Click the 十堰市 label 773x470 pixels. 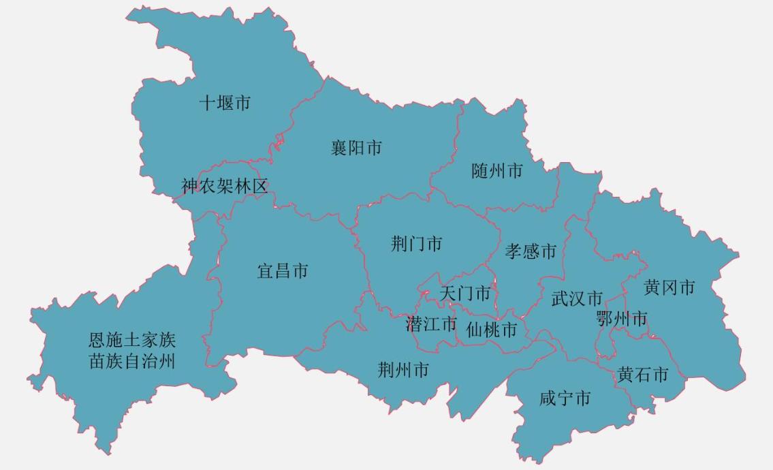(x=225, y=103)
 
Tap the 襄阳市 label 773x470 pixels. (x=356, y=148)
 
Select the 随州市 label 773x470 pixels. (x=497, y=170)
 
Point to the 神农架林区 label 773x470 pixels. (x=225, y=187)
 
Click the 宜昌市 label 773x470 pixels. (x=283, y=271)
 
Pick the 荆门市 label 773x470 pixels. (x=416, y=244)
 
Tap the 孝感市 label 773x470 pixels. (x=531, y=251)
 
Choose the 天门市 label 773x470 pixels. (x=465, y=294)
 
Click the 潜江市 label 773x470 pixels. (x=431, y=324)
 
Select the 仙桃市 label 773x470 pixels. (x=491, y=330)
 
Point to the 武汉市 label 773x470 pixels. (x=577, y=298)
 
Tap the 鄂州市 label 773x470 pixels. (x=621, y=318)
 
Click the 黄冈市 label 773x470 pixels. (x=669, y=288)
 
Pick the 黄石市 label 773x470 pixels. (x=643, y=374)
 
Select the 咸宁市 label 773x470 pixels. (x=565, y=398)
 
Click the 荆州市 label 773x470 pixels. (x=403, y=370)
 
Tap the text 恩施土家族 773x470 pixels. (x=132, y=339)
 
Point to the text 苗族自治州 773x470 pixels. (x=132, y=360)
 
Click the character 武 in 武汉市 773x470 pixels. (x=560, y=298)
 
